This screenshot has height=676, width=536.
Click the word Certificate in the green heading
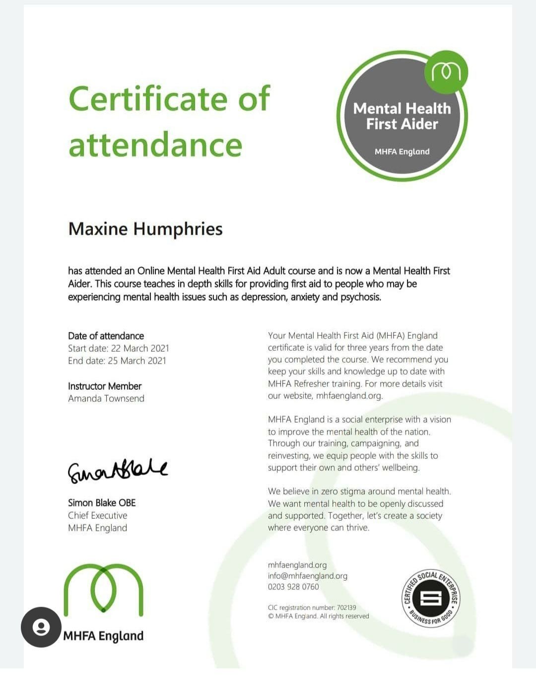click(147, 99)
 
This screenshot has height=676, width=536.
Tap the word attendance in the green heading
click(155, 145)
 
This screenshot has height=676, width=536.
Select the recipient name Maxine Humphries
click(145, 229)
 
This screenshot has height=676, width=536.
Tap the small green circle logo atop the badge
click(446, 72)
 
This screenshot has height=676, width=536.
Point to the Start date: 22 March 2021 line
click(119, 348)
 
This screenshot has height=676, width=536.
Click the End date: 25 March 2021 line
click(117, 361)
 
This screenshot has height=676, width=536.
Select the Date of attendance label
click(106, 336)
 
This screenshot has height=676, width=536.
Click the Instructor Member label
click(105, 386)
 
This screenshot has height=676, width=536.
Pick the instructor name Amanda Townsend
click(106, 398)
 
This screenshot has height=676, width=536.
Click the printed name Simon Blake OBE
click(102, 502)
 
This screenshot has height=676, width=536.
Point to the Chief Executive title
click(98, 515)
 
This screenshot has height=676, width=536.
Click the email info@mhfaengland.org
click(308, 576)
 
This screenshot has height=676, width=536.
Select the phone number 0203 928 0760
click(293, 587)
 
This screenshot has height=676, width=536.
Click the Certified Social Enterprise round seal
click(430, 598)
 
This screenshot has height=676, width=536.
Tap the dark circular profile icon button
click(41, 627)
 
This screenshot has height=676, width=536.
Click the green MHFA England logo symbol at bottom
click(103, 591)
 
